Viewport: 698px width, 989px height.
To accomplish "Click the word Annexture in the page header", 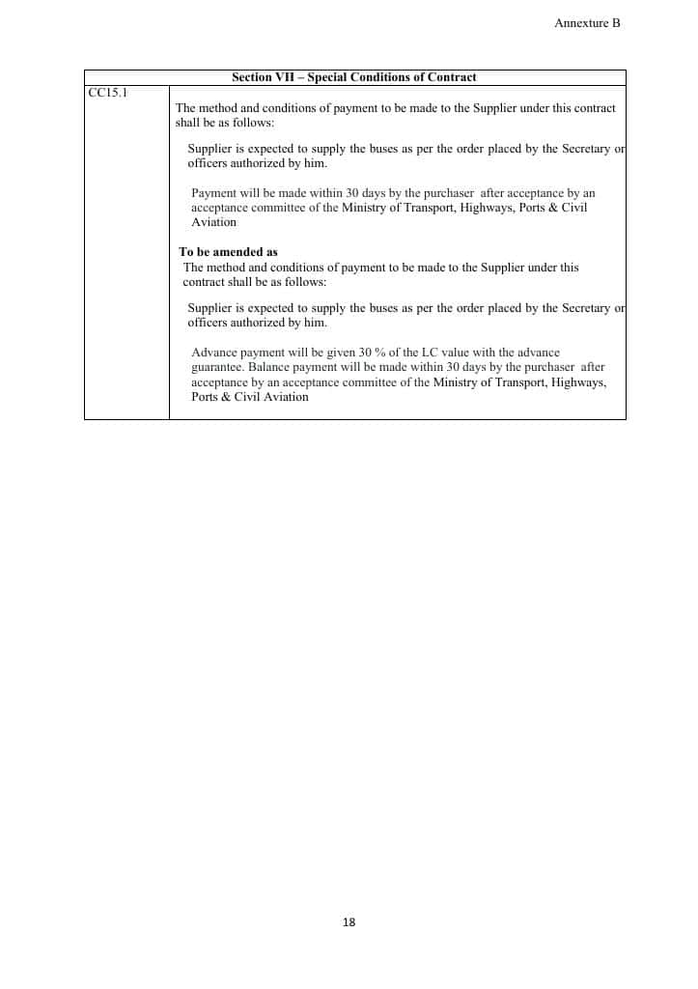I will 581,23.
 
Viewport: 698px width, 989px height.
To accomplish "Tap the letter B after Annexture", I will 616,23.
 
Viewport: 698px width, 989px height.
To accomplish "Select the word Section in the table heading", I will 252,77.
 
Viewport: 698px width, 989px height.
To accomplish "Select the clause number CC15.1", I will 108,92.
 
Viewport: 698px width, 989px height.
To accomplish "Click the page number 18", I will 349,922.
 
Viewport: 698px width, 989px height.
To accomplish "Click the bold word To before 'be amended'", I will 186,252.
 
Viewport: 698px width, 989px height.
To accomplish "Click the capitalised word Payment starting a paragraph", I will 213,193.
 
